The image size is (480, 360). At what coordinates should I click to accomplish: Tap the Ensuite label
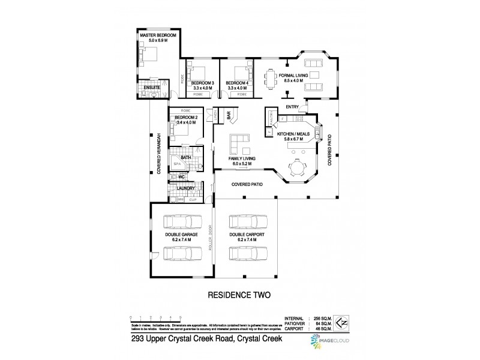click(152, 88)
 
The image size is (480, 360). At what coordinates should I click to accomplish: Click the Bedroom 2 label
click(186, 118)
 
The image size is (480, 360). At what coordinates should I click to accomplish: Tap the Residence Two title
click(240, 296)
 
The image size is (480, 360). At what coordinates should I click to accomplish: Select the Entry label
click(293, 107)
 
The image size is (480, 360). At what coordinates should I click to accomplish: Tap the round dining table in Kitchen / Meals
click(295, 167)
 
